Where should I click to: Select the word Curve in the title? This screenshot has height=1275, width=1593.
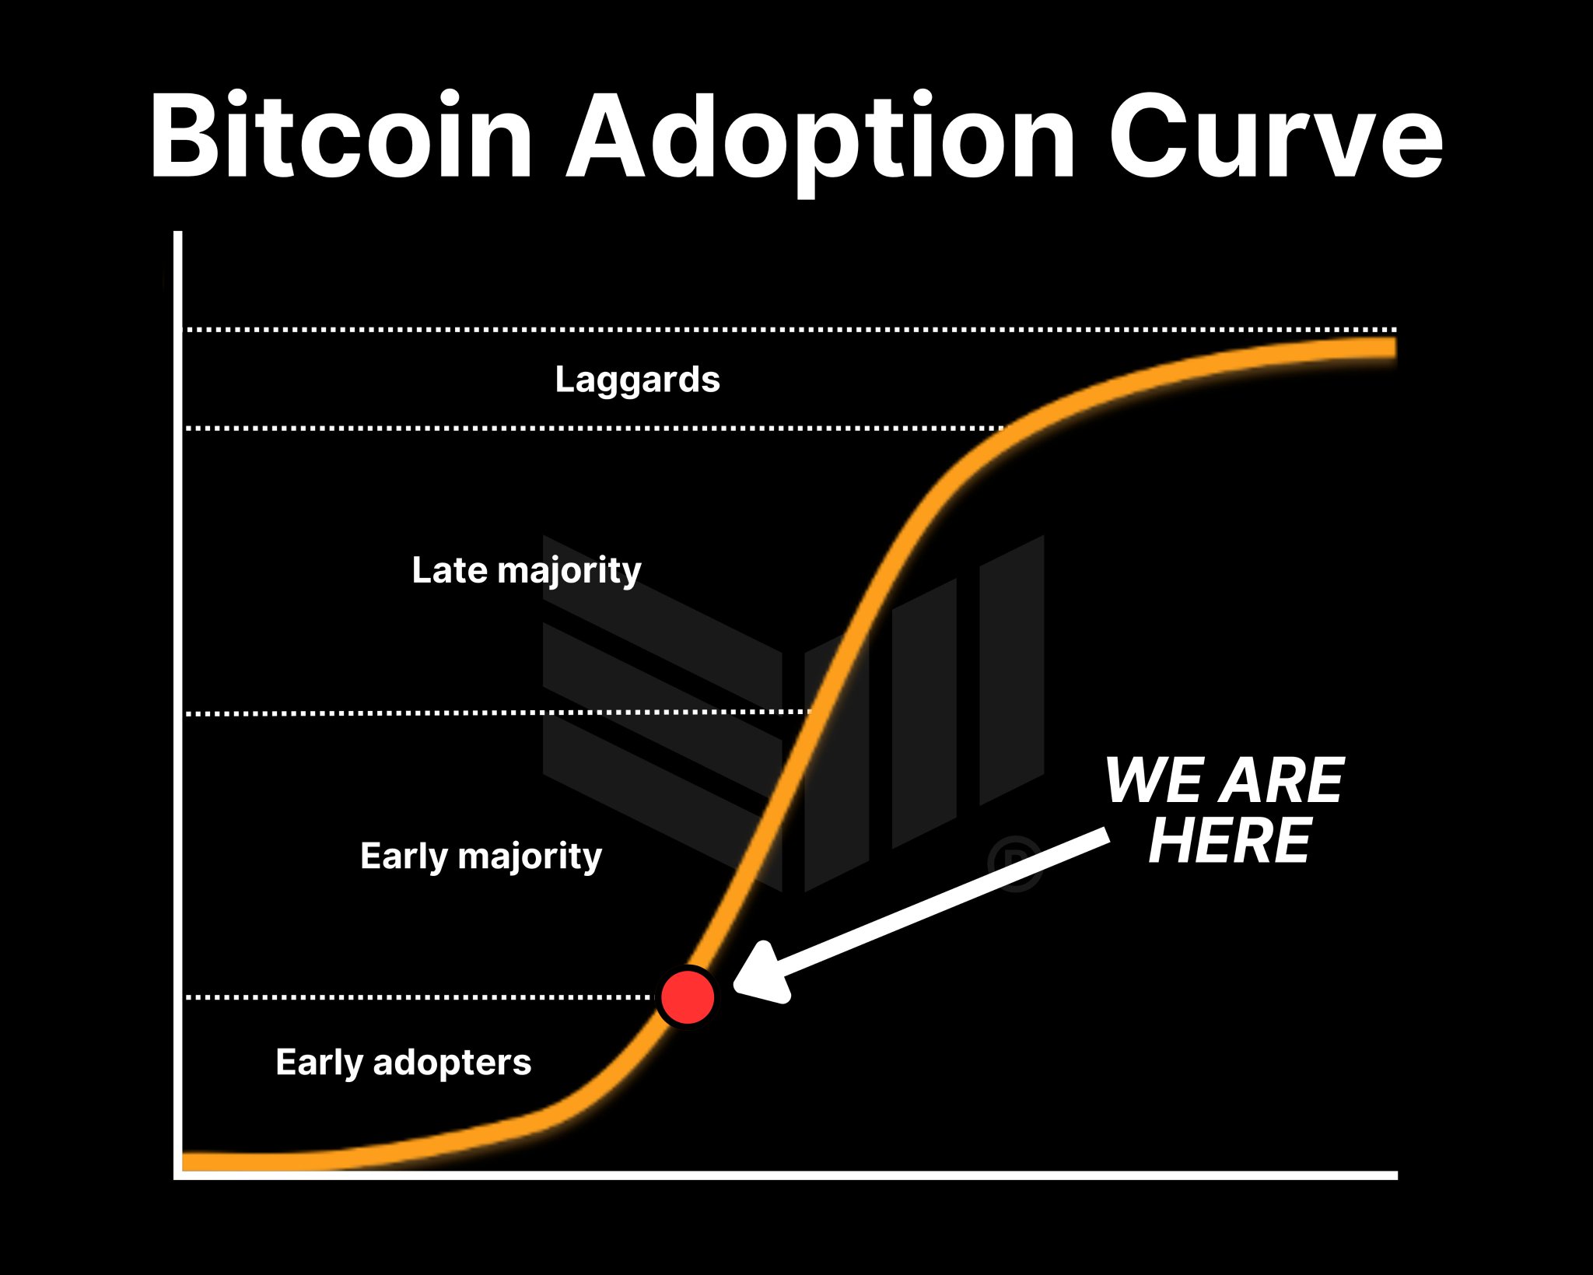(1276, 137)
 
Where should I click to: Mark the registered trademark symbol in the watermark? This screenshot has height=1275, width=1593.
(1014, 863)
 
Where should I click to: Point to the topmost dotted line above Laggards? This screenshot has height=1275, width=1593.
(790, 330)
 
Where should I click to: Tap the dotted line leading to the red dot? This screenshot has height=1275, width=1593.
(421, 997)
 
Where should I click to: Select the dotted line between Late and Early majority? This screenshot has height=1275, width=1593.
(498, 713)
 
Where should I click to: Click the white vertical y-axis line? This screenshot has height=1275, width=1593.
(178, 705)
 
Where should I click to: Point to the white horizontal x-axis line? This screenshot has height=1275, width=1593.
(786, 1175)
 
